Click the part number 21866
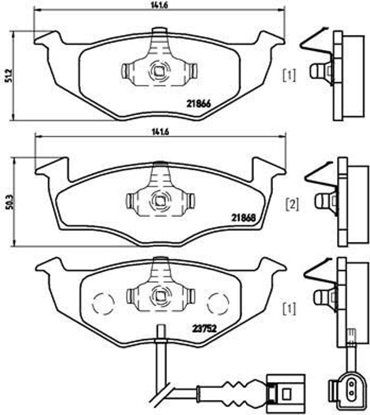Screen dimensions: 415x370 click(198, 103)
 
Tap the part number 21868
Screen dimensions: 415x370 click(243, 217)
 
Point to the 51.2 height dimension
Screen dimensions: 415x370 click(7, 76)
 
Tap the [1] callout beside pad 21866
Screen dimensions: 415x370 click(289, 75)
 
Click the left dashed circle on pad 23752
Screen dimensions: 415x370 click(103, 303)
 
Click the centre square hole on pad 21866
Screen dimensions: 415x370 click(158, 72)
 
